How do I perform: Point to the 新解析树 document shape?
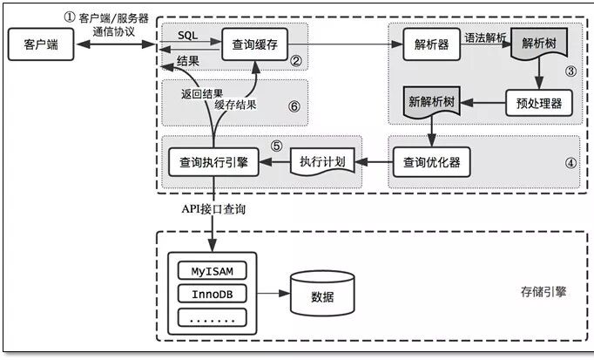pos(432,103)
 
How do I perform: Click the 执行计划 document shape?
pos(321,162)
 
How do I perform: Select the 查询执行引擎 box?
pos(213,161)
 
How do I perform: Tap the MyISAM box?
pos(213,270)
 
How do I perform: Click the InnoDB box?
pos(213,294)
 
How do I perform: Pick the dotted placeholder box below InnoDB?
pos(213,317)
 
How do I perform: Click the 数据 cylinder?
pos(322,295)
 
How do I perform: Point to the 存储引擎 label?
pos(542,291)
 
